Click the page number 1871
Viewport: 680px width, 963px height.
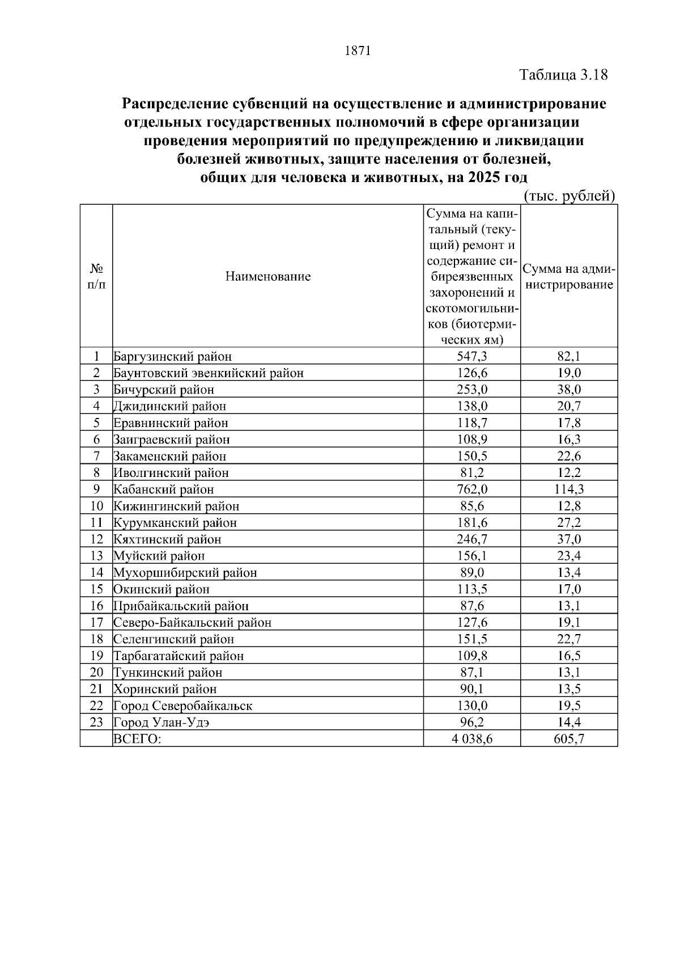pyautogui.click(x=357, y=51)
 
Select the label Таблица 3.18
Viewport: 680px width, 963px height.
pyautogui.click(x=564, y=75)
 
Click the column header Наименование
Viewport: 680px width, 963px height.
pyautogui.click(x=268, y=277)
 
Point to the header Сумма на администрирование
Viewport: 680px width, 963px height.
pyautogui.click(x=569, y=277)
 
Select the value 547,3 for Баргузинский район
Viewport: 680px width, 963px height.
pyautogui.click(x=472, y=357)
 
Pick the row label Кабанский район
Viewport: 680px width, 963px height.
pyautogui.click(x=164, y=489)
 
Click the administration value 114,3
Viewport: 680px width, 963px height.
pyautogui.click(x=569, y=489)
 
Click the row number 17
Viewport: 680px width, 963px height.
pyautogui.click(x=96, y=623)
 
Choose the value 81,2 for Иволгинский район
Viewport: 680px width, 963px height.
pyautogui.click(x=472, y=473)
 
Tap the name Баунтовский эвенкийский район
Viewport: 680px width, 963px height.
pyautogui.click(x=209, y=373)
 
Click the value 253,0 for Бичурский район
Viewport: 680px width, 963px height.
pyautogui.click(x=472, y=390)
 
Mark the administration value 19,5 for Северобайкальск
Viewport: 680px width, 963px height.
pyautogui.click(x=569, y=706)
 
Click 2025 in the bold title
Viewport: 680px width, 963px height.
pyautogui.click(x=483, y=178)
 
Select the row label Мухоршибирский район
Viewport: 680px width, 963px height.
pyautogui.click(x=185, y=573)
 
